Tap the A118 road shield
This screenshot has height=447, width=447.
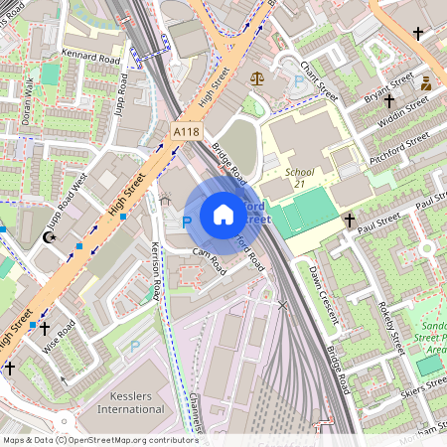[x=185, y=131]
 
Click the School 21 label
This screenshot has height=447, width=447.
[x=299, y=178]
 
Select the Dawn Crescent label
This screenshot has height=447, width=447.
[x=324, y=296]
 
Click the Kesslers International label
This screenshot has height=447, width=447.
[x=132, y=401]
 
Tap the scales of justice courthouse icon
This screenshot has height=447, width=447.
[x=258, y=75]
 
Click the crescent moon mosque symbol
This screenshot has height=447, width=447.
[x=50, y=237]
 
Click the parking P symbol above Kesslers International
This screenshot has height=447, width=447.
[x=135, y=347]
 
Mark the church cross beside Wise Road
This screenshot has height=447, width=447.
[x=44, y=326]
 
